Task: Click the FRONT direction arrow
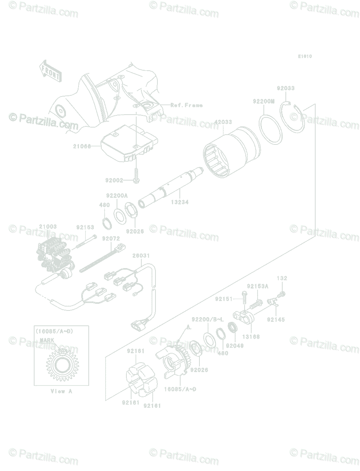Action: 50,71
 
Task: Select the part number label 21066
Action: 82,146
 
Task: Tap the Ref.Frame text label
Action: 186,105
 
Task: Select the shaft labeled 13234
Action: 173,188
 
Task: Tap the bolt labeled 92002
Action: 136,174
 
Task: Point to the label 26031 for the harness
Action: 141,256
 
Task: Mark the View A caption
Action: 62,391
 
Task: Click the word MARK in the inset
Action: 47,340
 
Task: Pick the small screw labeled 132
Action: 281,294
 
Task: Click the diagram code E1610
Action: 305,57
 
